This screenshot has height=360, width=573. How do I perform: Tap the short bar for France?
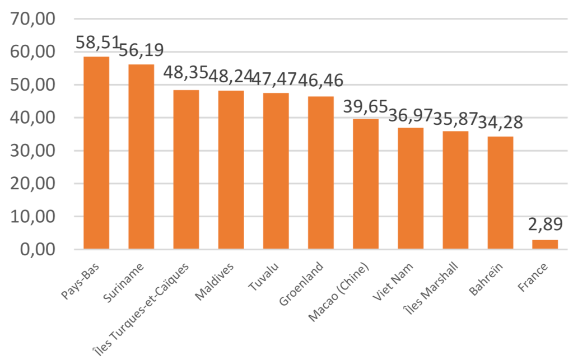545,245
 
